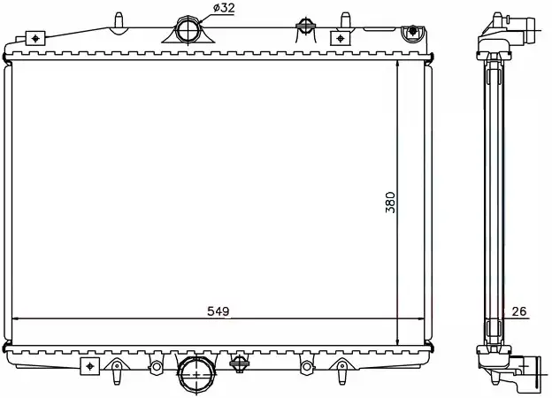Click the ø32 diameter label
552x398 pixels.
click(224, 8)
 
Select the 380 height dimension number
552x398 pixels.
click(390, 203)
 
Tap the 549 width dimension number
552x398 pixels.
click(218, 311)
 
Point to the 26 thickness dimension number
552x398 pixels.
click(519, 311)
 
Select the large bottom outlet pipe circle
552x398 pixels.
click(196, 374)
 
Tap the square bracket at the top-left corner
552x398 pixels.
click(35, 38)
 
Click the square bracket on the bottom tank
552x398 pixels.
click(89, 366)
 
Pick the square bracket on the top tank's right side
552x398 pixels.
click(340, 38)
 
